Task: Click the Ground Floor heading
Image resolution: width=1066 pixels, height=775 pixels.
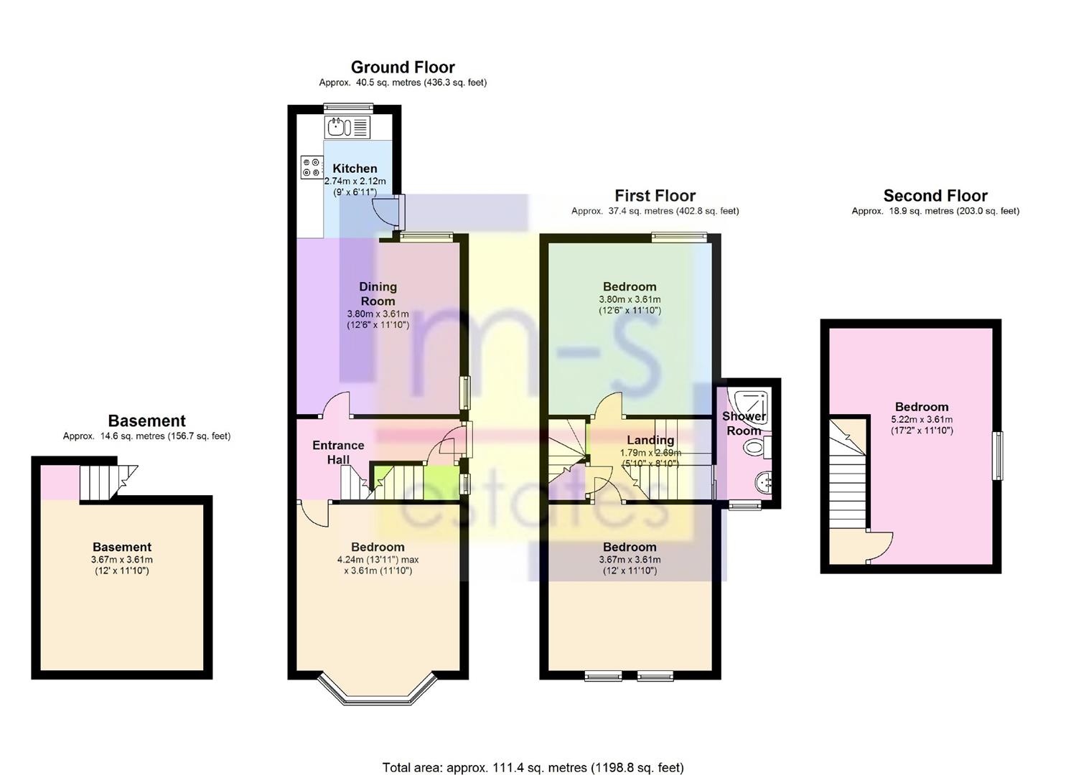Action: [403, 67]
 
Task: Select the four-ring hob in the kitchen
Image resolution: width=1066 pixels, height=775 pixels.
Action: [312, 167]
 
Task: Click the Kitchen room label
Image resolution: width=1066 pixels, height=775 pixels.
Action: [355, 169]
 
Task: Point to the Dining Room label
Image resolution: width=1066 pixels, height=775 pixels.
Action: [378, 293]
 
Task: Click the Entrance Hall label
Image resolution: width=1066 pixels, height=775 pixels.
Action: [338, 452]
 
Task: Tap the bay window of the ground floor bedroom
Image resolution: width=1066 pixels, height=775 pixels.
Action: [378, 689]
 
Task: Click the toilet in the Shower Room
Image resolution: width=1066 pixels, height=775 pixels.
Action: [757, 447]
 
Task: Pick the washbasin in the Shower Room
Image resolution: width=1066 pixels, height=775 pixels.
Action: [763, 482]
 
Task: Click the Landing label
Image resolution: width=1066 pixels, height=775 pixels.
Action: [650, 440]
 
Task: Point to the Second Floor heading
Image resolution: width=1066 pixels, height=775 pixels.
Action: [935, 195]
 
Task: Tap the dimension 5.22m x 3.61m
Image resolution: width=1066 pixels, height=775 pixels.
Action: [922, 419]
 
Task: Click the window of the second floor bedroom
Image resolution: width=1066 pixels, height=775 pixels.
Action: [997, 455]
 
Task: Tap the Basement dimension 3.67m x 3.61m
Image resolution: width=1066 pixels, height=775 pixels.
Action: [122, 560]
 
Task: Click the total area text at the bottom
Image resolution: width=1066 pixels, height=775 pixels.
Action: [533, 754]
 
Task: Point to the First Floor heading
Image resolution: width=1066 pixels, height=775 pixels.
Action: [655, 195]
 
